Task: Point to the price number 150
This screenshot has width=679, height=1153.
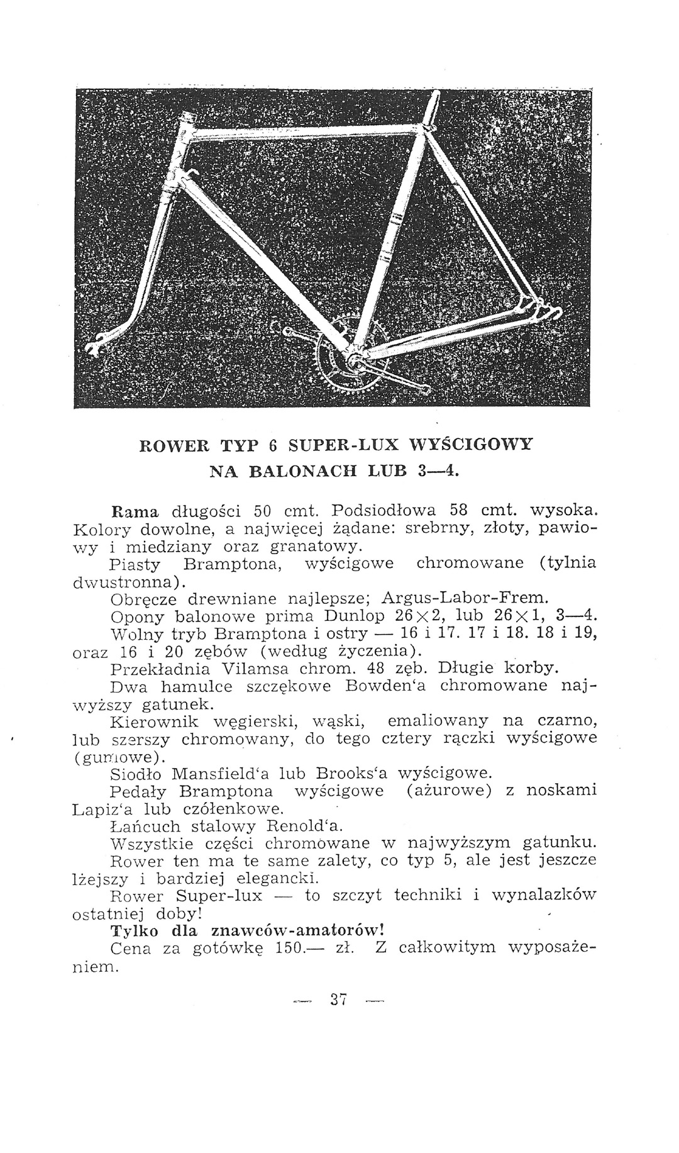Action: point(291,947)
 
